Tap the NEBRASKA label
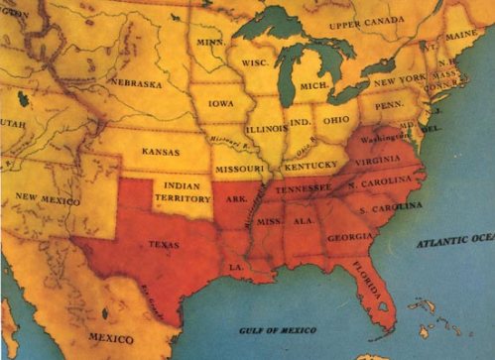tap(136, 82)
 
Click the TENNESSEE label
tap(302, 187)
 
